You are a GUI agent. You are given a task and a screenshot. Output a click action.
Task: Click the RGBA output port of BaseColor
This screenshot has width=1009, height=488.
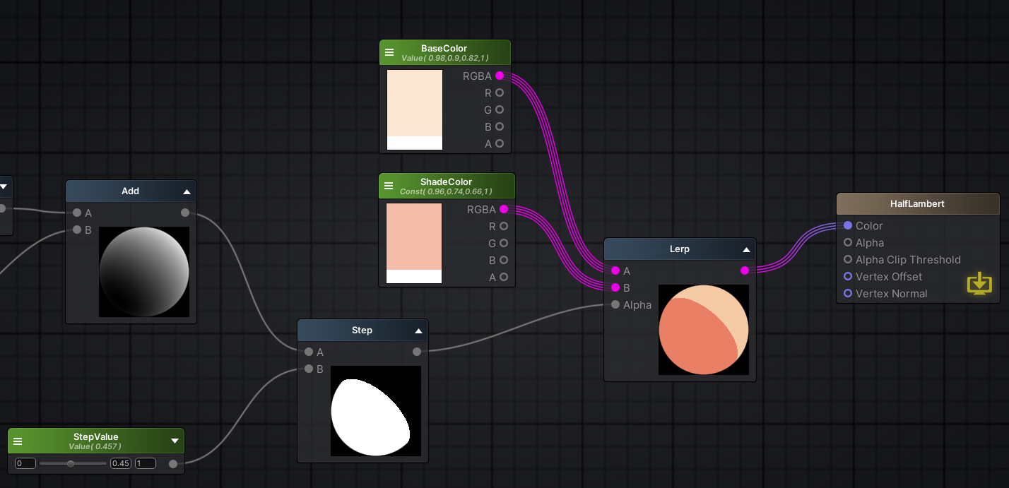[500, 76]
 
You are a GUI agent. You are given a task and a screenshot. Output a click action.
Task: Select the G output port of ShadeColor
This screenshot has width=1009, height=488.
[504, 243]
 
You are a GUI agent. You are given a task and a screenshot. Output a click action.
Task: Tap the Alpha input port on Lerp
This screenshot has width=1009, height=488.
[615, 304]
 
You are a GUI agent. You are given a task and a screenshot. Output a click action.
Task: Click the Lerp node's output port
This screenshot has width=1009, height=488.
[745, 270]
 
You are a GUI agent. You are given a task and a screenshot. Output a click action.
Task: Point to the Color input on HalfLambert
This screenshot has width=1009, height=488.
[848, 225]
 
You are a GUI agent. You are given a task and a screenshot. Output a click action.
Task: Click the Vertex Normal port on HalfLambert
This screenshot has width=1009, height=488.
[848, 293]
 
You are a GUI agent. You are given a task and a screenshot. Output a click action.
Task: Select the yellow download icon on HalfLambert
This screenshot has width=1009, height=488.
[979, 284]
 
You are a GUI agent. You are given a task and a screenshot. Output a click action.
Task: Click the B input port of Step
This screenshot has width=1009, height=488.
[309, 369]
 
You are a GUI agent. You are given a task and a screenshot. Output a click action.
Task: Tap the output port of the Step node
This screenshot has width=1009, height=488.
[417, 352]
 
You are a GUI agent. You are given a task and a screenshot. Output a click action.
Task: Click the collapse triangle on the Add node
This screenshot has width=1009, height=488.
[187, 191]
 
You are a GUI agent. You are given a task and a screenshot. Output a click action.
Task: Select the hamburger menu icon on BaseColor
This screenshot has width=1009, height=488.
[389, 52]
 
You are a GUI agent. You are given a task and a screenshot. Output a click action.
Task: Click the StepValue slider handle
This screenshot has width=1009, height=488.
[71, 463]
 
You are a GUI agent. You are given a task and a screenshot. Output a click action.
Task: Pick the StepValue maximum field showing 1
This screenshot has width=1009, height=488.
[146, 463]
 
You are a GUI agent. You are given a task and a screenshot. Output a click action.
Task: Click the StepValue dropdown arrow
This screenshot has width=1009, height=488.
[175, 441]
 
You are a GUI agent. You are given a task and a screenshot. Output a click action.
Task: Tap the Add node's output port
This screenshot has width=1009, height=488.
[185, 213]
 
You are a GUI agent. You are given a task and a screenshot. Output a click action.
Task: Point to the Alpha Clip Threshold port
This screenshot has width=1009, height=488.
[848, 259]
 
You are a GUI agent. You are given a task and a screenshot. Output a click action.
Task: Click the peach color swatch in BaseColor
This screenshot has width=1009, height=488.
[415, 102]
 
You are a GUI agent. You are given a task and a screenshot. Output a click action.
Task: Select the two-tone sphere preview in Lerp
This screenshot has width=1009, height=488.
[703, 330]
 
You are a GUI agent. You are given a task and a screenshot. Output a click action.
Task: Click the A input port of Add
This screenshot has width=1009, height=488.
[77, 213]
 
